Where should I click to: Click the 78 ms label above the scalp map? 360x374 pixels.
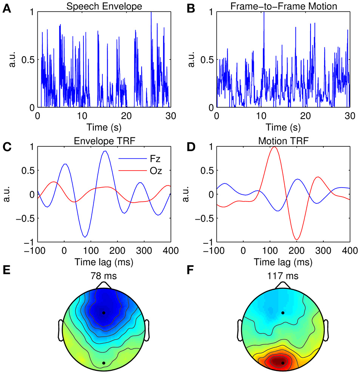pos(104,276)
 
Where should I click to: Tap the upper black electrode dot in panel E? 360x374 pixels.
pos(104,313)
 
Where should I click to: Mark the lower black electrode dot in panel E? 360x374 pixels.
pos(104,363)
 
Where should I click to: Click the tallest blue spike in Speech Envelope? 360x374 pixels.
pos(151,13)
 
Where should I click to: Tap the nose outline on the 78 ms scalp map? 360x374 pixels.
pos(104,285)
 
